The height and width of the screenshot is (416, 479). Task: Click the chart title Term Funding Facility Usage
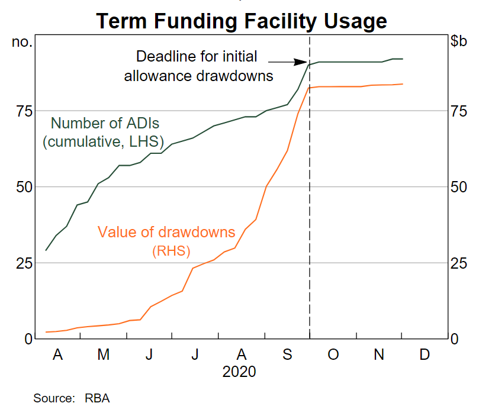pos(242,21)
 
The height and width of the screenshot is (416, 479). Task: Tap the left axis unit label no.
pos(22,42)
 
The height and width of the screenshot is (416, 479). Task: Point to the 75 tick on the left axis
pos(22,111)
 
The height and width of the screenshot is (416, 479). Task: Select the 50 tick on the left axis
pos(22,187)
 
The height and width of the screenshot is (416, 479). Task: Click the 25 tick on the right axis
pos(459,263)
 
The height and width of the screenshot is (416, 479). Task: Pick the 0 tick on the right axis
pos(455,338)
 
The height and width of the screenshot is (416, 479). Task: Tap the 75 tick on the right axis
pos(459,111)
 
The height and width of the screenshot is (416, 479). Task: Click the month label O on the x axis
pos(333,354)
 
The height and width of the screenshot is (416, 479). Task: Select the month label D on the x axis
pos(425,354)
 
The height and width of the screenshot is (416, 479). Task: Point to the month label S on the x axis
pos(287,354)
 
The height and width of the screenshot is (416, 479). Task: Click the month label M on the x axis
pos(104,354)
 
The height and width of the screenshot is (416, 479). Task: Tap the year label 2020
pos(239,372)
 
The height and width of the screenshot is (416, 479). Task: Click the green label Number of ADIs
pos(105,124)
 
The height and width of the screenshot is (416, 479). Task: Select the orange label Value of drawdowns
pos(166,232)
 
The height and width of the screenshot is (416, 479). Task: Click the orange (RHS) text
pos(171,251)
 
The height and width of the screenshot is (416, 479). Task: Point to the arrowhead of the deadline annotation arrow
pos(304,61)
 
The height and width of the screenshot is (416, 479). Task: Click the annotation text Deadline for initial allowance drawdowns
pos(198,66)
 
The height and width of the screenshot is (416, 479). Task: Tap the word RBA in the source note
pos(97,398)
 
